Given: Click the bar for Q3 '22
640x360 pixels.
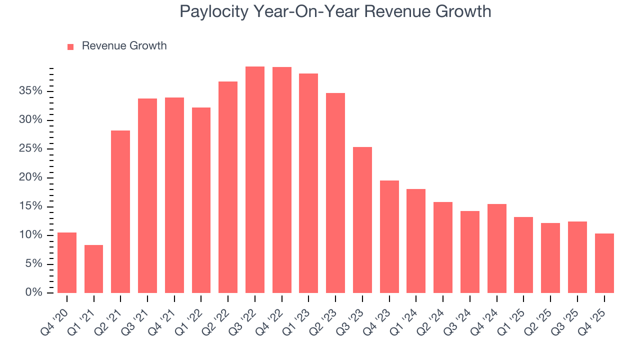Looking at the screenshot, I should [x=255, y=180].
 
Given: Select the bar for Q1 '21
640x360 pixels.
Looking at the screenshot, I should [x=93, y=269].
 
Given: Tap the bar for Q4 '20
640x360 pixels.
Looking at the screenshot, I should [x=67, y=263].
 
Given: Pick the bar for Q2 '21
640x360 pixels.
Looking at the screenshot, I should [x=120, y=212].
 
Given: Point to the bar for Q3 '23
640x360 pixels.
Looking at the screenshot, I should [x=362, y=220].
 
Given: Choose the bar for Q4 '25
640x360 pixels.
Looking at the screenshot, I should [x=604, y=263].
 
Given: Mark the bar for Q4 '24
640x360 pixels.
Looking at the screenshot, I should [x=497, y=248].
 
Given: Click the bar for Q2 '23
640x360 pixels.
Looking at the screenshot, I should [x=335, y=193].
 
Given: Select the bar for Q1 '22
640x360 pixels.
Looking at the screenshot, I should [x=201, y=200].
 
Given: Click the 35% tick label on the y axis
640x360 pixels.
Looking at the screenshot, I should [x=31, y=91].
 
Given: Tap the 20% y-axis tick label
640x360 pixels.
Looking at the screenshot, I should [x=31, y=177].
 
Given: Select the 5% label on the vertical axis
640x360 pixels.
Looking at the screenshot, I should [x=33, y=264].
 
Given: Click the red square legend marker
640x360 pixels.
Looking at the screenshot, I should [x=70, y=46].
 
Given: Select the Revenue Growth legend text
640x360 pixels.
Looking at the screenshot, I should [x=124, y=46].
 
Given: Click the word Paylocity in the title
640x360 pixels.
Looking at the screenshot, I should [x=214, y=11].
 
